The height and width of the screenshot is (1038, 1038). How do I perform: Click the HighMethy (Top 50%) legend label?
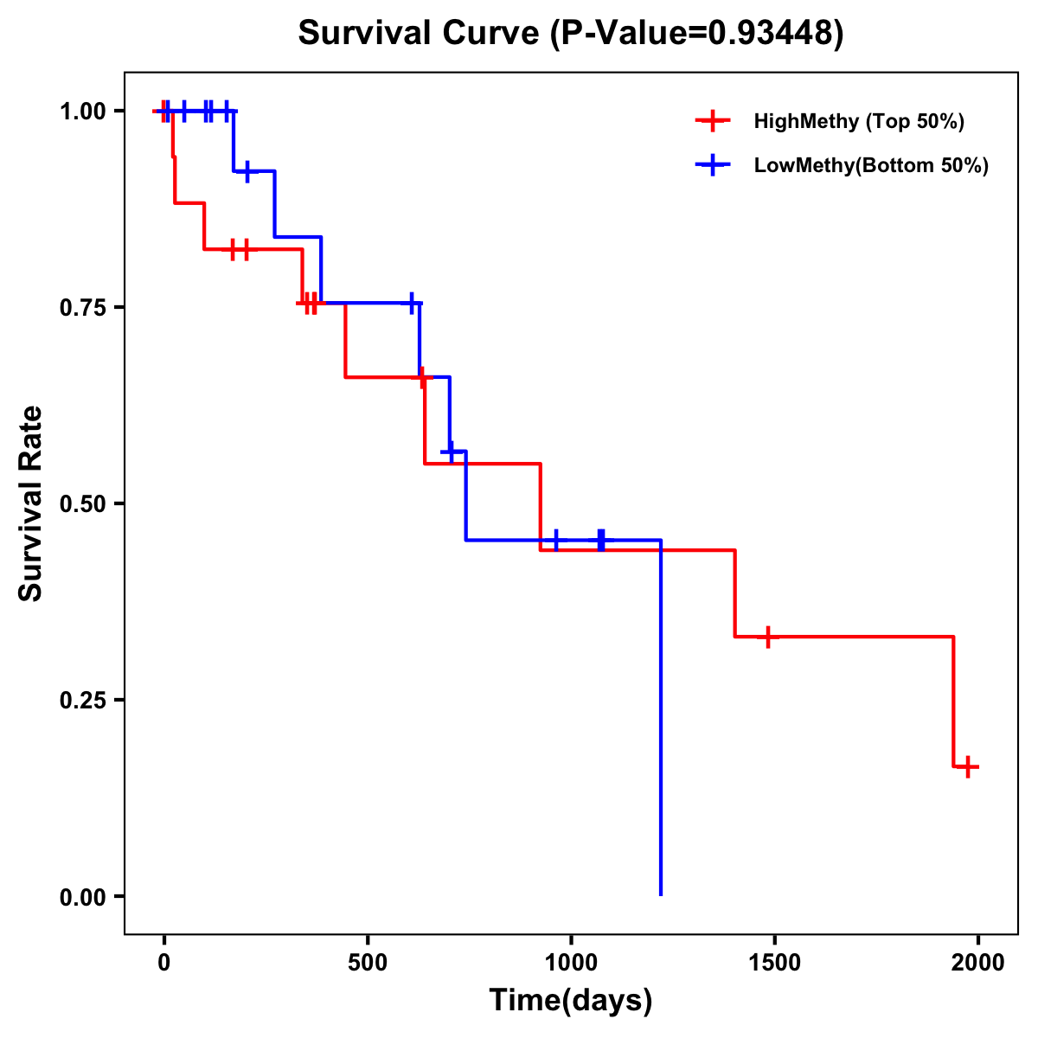[859, 121]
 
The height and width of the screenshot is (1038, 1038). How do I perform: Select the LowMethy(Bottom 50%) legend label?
[871, 165]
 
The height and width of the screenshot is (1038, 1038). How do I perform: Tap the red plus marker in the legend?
[712, 121]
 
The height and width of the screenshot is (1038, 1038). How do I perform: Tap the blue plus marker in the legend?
[712, 165]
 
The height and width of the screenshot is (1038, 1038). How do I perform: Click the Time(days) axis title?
[571, 1001]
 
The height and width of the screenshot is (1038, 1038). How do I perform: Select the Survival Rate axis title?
[31, 503]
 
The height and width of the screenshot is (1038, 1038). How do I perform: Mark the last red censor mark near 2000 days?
[968, 766]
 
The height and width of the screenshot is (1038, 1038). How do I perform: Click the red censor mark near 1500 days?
[767, 637]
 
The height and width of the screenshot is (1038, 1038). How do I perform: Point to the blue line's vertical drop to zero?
[661, 718]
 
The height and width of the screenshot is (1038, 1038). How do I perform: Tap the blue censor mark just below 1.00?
[247, 171]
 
